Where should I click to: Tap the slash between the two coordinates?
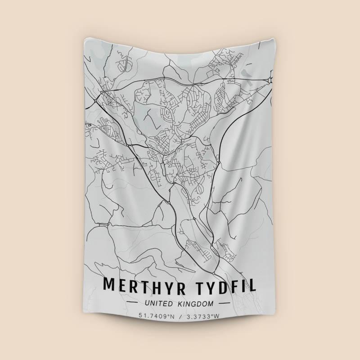(180, 316)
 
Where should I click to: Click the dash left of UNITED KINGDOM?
(134, 304)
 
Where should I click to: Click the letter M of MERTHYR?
(109, 285)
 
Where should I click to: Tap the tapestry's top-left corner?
(85, 38)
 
